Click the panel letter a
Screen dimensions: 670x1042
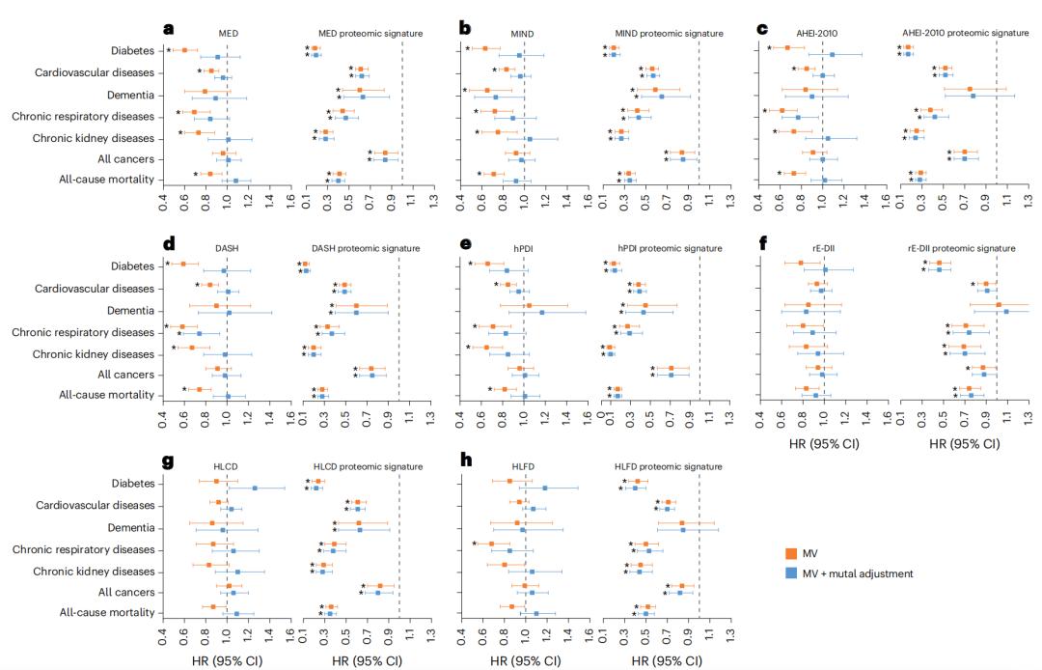click(x=169, y=29)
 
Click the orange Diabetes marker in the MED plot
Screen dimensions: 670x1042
click(x=185, y=49)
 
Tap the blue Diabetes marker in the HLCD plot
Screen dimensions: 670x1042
click(x=255, y=489)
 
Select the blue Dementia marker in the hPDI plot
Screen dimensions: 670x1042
click(x=542, y=313)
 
